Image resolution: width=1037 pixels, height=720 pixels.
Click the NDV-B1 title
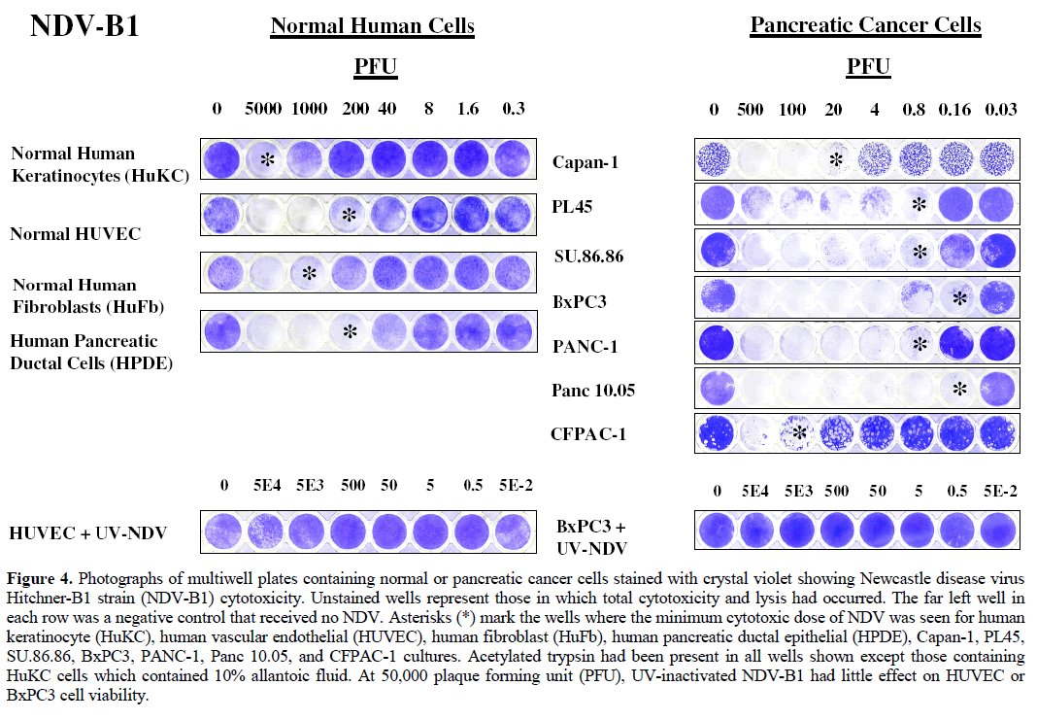point(84,26)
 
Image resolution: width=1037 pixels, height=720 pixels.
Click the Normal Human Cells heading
point(372,25)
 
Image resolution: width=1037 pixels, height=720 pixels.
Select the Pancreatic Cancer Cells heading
point(865,25)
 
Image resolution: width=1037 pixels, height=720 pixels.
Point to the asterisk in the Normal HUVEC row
point(350,215)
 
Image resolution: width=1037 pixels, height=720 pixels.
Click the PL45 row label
point(572,207)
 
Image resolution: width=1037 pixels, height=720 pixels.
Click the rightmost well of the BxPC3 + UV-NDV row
point(998,531)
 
